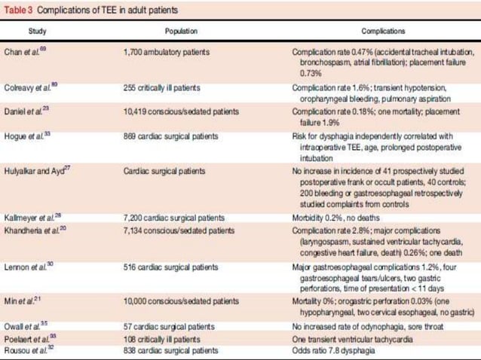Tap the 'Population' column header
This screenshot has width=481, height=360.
click(181, 32)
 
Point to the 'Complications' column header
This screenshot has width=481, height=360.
click(384, 32)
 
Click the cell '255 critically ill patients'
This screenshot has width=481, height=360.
click(162, 87)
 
